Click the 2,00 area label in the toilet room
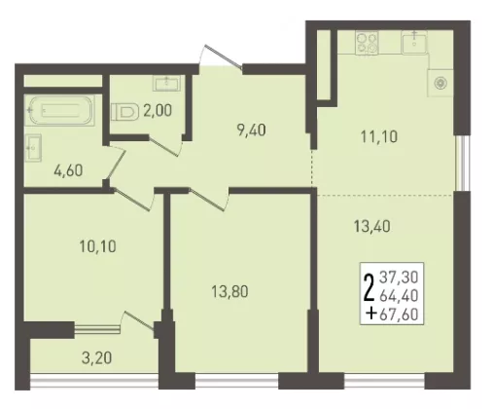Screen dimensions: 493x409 coord(158,111)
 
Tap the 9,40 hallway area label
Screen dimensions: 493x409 coord(252,130)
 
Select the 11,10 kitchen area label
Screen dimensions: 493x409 coord(379,136)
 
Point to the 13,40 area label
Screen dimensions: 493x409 coord(372,226)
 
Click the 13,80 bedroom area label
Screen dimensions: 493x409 coord(229,291)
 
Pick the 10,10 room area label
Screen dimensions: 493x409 coord(97,246)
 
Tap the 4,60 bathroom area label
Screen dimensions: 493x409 coord(68,170)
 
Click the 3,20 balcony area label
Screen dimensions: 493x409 coord(97,358)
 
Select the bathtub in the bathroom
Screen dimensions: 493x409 coord(60,110)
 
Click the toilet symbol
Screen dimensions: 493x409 coord(123,112)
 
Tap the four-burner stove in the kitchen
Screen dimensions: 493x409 coord(368,42)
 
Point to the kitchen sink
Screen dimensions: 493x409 coord(414,42)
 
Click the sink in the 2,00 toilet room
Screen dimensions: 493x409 coord(166,84)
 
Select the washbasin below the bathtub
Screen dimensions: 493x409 coord(33,148)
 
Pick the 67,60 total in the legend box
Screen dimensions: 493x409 coord(399,315)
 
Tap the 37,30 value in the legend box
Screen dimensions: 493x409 coord(399,278)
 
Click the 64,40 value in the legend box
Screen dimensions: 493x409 coord(399,296)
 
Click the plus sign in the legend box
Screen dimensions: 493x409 coord(371,314)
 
